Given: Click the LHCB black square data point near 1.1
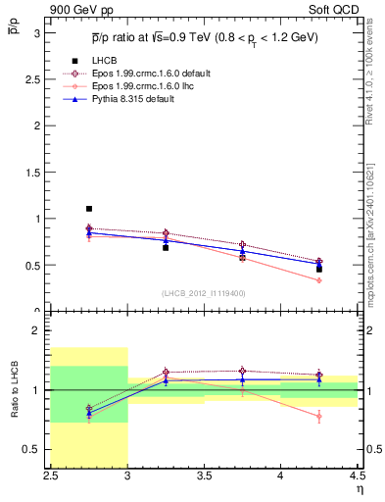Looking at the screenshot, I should (x=88, y=209).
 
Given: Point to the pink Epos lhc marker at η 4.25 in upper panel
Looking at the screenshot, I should (x=319, y=280).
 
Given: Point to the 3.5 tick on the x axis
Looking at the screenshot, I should (x=205, y=476).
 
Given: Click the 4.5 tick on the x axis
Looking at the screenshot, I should (x=357, y=476).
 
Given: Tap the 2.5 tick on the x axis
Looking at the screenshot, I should (x=52, y=476).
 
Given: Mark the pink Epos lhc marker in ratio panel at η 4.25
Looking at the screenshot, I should (x=319, y=416).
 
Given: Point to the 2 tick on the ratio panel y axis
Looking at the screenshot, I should (x=39, y=330).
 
